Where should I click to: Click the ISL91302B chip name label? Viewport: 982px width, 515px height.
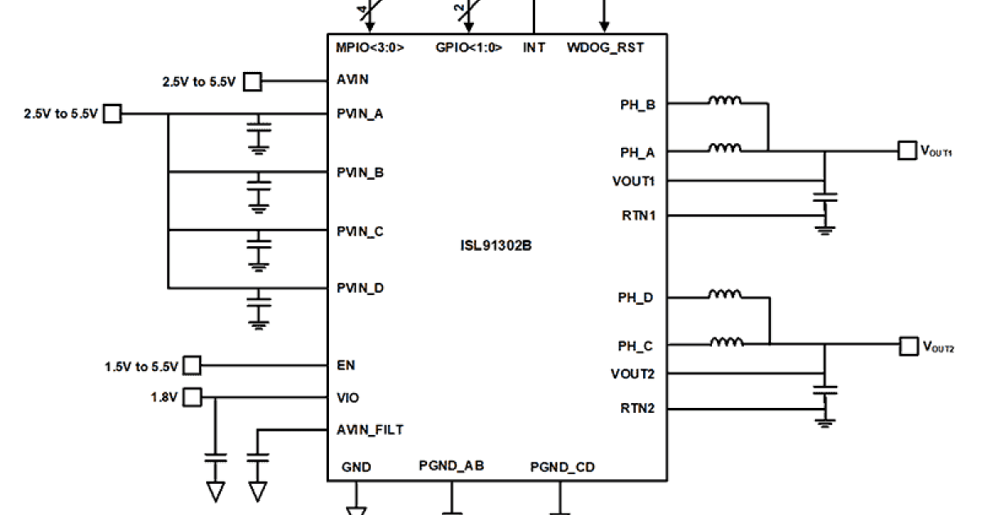click(497, 244)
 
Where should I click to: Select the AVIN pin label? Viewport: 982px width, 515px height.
click(353, 80)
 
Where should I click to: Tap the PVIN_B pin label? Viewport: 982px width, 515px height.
click(360, 172)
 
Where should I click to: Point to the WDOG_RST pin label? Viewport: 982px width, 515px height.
click(605, 47)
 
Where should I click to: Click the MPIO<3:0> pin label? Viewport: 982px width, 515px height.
click(370, 47)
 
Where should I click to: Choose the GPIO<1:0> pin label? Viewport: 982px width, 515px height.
click(469, 47)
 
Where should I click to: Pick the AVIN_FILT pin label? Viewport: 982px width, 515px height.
click(370, 429)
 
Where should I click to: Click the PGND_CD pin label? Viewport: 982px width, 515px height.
click(562, 468)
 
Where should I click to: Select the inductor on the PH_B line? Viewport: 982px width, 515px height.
click(725, 102)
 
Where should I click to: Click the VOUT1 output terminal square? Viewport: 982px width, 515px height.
click(907, 150)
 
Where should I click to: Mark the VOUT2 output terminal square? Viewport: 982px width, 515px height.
click(908, 346)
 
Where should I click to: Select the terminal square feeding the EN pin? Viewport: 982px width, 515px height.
click(191, 365)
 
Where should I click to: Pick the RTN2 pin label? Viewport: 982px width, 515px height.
click(639, 408)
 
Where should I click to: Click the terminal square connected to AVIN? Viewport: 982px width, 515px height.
click(253, 81)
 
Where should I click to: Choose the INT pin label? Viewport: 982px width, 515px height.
click(534, 47)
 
